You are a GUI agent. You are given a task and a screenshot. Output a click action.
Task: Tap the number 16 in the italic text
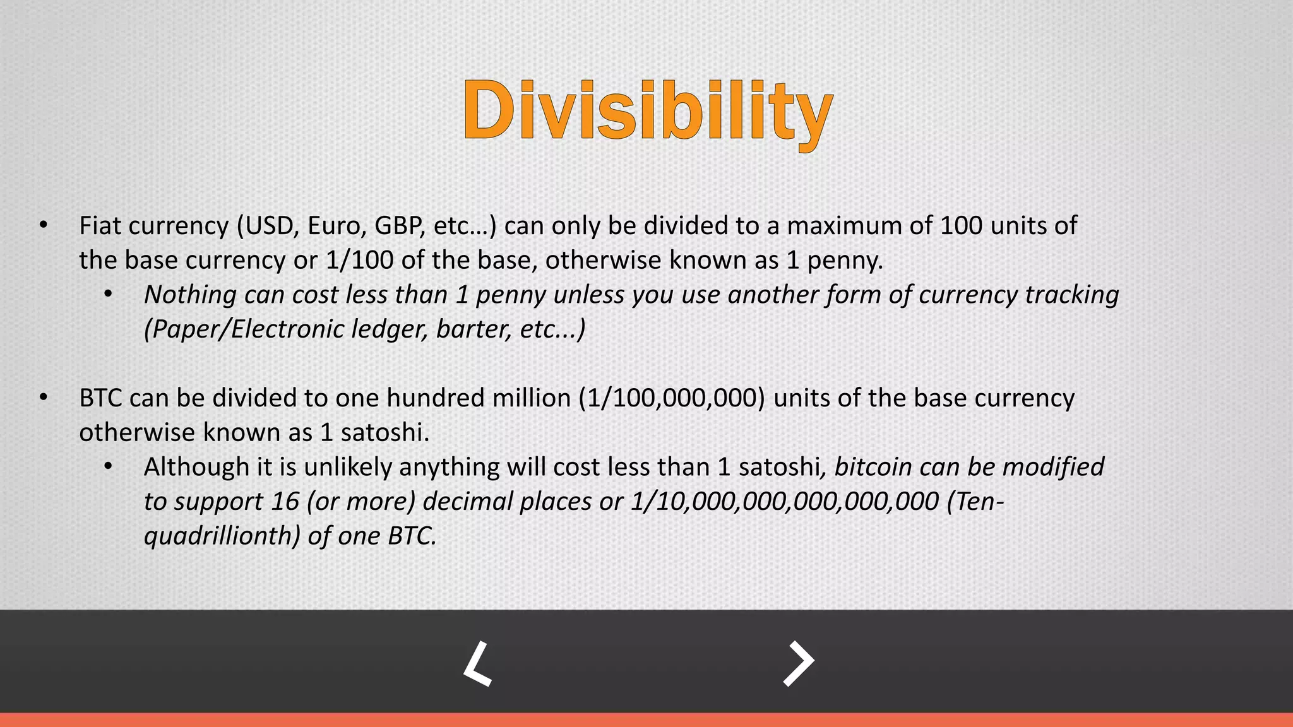pyautogui.click(x=285, y=501)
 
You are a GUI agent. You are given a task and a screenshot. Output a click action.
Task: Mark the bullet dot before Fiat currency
pyautogui.click(x=43, y=225)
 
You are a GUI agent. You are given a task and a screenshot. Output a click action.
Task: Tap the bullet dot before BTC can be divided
pyautogui.click(x=43, y=398)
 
